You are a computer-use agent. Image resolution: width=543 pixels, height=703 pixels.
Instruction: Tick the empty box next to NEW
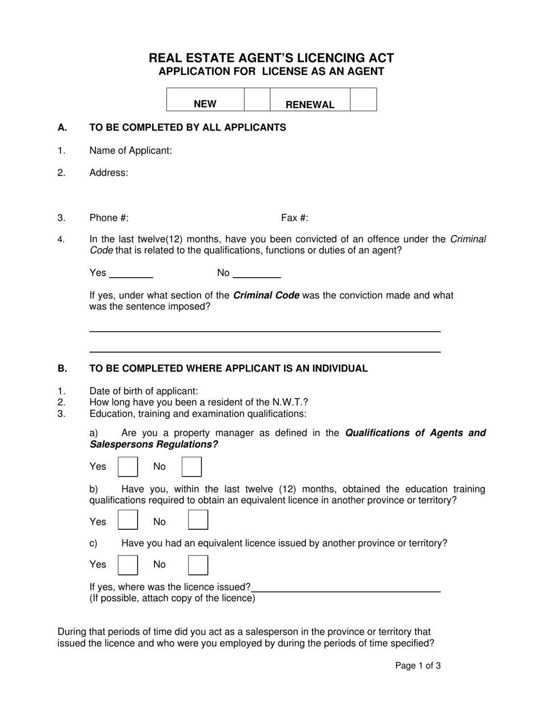coord(257,99)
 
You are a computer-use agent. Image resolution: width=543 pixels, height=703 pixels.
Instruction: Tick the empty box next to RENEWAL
coord(363,99)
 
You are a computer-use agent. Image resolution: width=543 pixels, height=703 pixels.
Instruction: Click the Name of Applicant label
coord(130,151)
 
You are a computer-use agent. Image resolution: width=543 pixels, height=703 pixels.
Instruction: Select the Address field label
coord(109,173)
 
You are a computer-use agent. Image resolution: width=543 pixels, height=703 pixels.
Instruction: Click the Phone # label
coord(109,218)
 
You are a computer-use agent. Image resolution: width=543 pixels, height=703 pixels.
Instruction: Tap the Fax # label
coord(294,218)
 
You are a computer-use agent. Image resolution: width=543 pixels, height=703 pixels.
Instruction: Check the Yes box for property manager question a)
coord(127,466)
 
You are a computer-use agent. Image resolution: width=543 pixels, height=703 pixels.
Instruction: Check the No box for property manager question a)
coord(191,466)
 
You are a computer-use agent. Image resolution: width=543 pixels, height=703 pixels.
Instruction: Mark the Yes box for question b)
coord(127,520)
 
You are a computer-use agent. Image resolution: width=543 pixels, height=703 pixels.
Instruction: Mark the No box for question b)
coord(198,520)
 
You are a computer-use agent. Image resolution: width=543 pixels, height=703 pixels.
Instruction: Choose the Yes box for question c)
coord(127,565)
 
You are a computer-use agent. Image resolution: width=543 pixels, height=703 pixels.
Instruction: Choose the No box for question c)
coord(198,565)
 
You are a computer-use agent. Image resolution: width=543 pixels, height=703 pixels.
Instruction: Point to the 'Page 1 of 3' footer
coord(418,665)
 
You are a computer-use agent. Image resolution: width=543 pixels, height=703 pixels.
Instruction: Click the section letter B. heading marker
coord(62,369)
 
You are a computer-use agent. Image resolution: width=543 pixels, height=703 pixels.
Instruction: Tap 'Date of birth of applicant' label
coord(143,391)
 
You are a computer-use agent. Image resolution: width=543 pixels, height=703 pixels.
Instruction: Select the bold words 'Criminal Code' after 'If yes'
coord(266,295)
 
